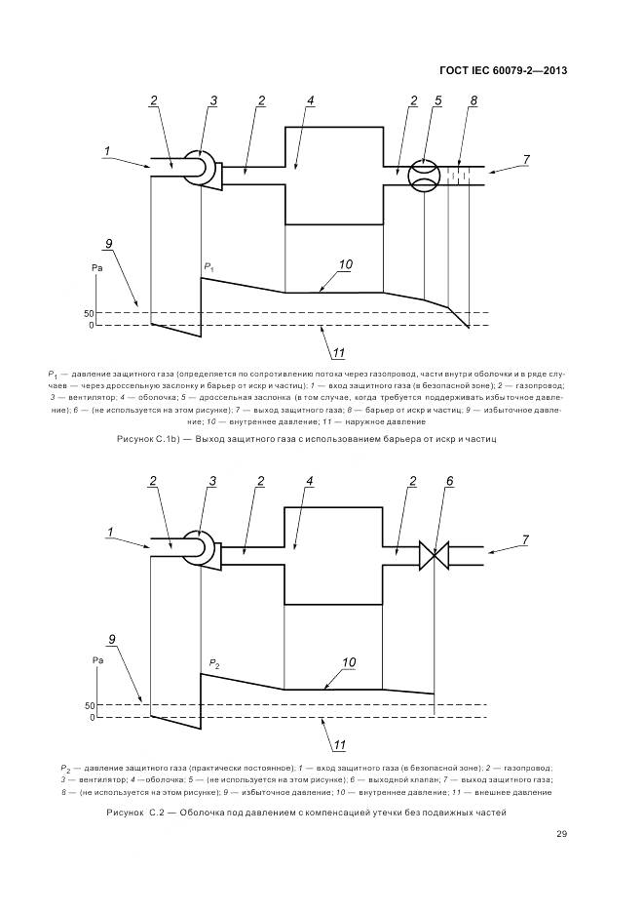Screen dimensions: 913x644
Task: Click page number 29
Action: coord(562,833)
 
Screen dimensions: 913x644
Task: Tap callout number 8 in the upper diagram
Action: coord(474,100)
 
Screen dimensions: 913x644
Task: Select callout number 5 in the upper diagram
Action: coord(439,100)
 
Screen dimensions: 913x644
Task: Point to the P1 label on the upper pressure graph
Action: coord(209,266)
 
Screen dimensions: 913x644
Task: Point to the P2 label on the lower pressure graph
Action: coord(213,663)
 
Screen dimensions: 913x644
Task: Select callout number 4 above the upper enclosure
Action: coord(310,100)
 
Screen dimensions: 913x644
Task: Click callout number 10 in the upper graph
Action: coord(345,264)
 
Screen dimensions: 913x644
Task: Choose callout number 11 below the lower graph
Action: coord(340,747)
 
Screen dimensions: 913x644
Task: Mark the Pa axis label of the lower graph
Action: coord(97,660)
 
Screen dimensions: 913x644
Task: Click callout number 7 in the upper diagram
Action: coord(526,159)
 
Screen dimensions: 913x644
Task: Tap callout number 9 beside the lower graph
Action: coord(112,640)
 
